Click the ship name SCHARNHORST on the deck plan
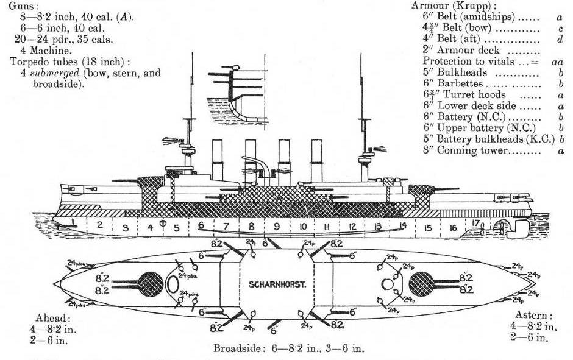(x=277, y=284)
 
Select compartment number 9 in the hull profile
(x=277, y=227)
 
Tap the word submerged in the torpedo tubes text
(x=50, y=73)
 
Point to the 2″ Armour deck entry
(x=461, y=51)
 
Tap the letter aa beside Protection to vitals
(x=555, y=62)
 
